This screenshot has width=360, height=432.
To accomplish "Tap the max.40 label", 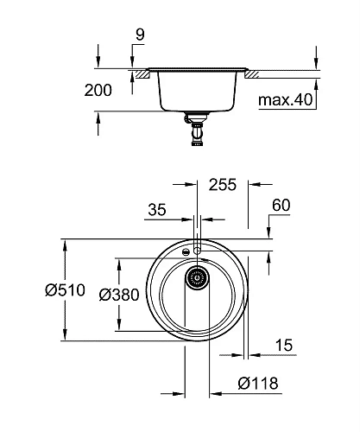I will (x=285, y=101).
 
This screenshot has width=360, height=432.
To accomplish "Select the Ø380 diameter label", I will (x=118, y=294).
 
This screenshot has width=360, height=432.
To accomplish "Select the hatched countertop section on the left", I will (x=138, y=76).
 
